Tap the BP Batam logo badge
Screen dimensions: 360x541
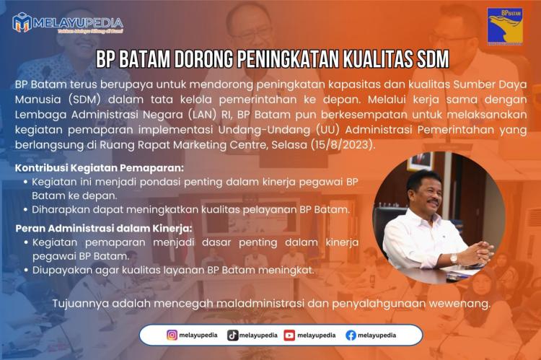(505, 27)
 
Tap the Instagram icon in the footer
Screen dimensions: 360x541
(172, 335)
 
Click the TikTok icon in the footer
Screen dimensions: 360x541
(232, 335)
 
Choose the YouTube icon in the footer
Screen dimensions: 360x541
(289, 335)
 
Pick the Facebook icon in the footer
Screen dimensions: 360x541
(351, 335)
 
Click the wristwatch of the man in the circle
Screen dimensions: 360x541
(454, 258)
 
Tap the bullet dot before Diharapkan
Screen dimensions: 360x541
(26, 210)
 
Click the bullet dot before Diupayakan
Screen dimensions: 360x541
(26, 271)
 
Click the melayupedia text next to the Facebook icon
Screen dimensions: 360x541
(377, 335)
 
